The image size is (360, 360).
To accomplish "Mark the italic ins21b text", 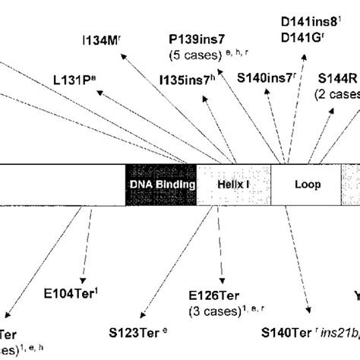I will pos(335,333).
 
